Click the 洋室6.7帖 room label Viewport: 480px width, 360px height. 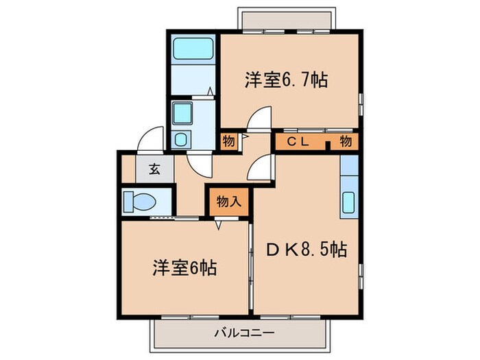click(x=285, y=80)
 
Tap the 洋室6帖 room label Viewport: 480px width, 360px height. click(x=184, y=267)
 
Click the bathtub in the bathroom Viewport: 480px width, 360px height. click(x=193, y=49)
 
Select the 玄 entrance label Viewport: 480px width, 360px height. click(x=154, y=169)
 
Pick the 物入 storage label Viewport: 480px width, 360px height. click(x=228, y=201)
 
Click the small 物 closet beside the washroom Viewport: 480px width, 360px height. click(x=228, y=143)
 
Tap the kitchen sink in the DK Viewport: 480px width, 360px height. click(x=348, y=204)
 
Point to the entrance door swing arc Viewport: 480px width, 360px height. click(x=149, y=138)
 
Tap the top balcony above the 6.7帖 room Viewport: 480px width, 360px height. click(x=287, y=19)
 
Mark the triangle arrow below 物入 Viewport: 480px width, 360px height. click(x=219, y=225)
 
